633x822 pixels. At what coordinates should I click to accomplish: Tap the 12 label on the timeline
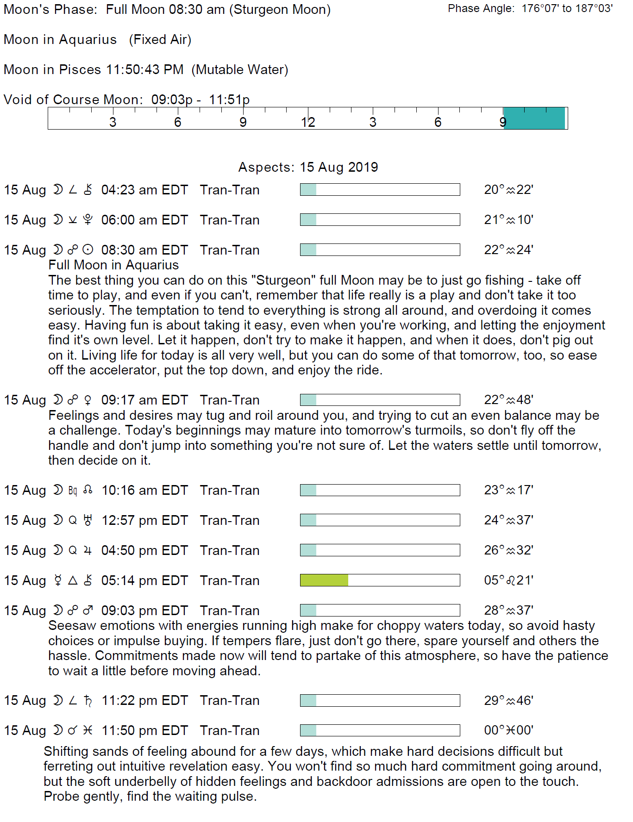[308, 122]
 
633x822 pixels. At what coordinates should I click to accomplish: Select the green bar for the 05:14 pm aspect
[324, 580]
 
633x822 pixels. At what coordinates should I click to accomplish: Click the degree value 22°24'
[508, 250]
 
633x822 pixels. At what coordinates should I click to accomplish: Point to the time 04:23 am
[130, 190]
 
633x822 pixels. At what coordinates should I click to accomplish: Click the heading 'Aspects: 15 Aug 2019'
[308, 167]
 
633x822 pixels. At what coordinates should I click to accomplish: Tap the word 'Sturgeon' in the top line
[259, 10]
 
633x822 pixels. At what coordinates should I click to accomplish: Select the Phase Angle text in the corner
[530, 9]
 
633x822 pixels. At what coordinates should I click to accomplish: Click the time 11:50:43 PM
[144, 69]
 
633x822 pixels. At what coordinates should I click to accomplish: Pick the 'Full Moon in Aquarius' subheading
[113, 265]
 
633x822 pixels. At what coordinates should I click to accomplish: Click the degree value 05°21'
[508, 580]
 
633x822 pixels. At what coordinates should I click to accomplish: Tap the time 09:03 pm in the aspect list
[129, 610]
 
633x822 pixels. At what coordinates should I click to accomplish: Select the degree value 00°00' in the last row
[508, 730]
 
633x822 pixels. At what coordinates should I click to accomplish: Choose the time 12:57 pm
[130, 520]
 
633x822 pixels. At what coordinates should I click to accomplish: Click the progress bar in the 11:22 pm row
[380, 700]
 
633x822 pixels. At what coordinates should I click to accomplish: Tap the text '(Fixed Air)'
[160, 40]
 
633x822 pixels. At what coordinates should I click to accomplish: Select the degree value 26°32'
[508, 550]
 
